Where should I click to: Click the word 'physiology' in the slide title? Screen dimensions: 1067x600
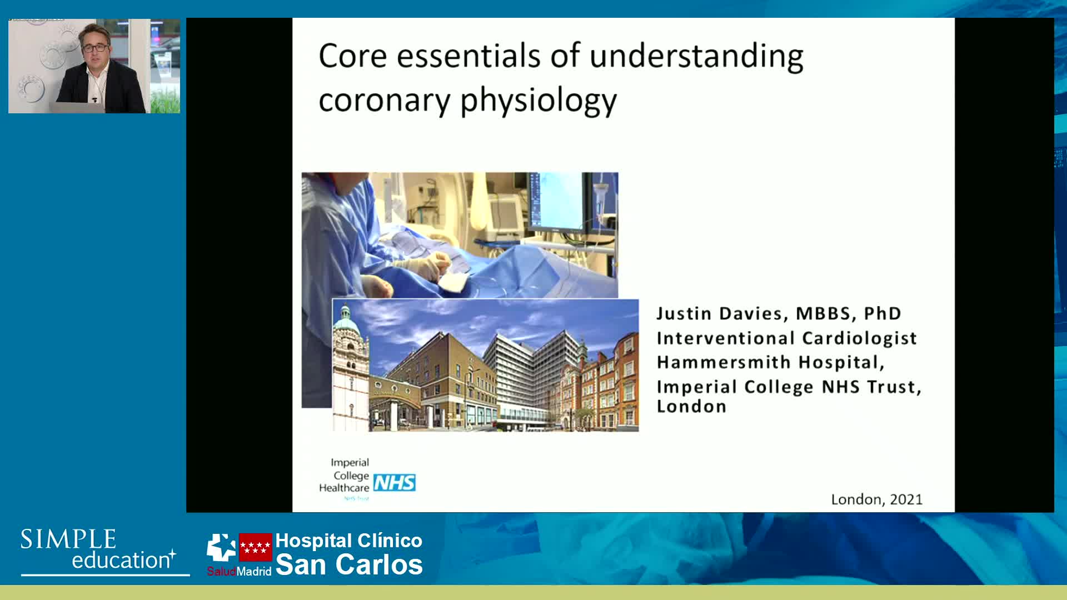click(x=539, y=101)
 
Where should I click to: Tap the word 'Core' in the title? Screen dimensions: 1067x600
click(x=353, y=56)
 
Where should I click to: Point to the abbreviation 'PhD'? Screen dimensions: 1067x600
click(x=882, y=313)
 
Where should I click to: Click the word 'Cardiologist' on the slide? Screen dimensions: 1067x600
click(x=860, y=338)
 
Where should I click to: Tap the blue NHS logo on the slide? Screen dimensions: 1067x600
click(x=395, y=482)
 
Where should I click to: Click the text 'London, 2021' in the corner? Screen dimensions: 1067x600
click(x=877, y=499)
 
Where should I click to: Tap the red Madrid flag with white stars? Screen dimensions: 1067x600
click(x=256, y=547)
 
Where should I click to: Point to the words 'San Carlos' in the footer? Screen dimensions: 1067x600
click(x=349, y=564)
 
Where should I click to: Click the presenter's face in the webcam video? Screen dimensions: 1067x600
click(x=94, y=47)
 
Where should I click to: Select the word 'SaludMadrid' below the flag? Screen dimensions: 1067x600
click(x=239, y=571)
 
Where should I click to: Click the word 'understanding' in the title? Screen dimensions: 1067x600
click(x=696, y=57)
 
